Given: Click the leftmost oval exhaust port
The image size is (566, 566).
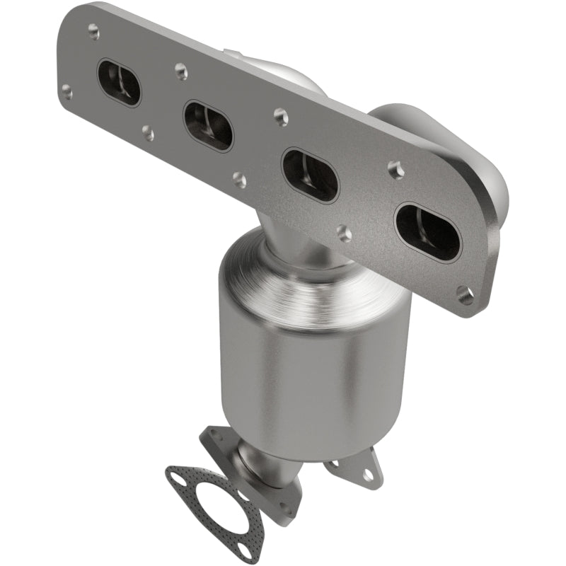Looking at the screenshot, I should pyautogui.click(x=120, y=82).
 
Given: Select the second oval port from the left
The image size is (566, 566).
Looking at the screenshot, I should pyautogui.click(x=208, y=125).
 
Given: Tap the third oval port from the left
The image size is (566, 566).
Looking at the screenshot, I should pyautogui.click(x=310, y=174).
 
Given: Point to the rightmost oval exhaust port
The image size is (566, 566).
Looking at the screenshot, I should pyautogui.click(x=427, y=230).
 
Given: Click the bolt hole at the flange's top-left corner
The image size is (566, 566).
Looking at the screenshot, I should pyautogui.click(x=93, y=29).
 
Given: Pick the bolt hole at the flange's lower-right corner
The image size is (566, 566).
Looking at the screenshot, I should pyautogui.click(x=465, y=295).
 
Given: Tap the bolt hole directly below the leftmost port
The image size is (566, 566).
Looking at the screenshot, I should pyautogui.click(x=148, y=132).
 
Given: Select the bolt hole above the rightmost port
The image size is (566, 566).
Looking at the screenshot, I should pyautogui.click(x=395, y=168).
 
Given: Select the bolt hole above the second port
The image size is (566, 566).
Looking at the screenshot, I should pyautogui.click(x=181, y=70).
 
